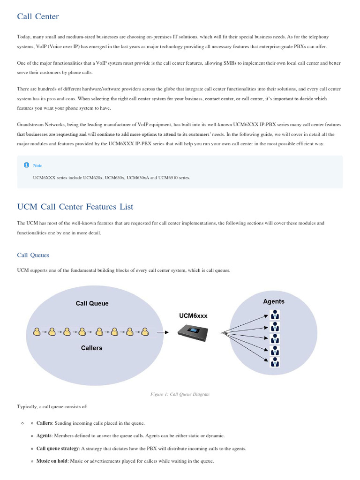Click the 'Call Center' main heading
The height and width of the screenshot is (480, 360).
coord(38,17)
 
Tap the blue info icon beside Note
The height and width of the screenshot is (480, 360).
coord(26,165)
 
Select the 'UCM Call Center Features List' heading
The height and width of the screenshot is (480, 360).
coord(75,207)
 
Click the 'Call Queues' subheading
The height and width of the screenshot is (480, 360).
coord(33,255)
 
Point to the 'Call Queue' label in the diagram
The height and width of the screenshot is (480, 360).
coord(92,303)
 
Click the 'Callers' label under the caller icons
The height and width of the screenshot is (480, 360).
coord(91,348)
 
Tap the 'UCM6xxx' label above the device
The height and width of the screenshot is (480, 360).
coord(193,316)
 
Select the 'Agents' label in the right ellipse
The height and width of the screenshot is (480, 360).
coord(274,301)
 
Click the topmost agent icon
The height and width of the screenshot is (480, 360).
coord(275,315)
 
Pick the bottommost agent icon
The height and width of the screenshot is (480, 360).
coord(275,362)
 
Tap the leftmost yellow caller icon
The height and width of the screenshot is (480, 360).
coord(37,332)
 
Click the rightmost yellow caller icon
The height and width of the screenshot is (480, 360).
coord(145,332)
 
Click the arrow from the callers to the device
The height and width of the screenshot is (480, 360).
coord(163,332)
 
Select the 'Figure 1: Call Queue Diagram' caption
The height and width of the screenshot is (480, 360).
coord(180,394)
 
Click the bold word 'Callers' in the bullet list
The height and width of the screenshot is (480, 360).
coord(44,423)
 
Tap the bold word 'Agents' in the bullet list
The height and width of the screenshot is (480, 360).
coord(44,436)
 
